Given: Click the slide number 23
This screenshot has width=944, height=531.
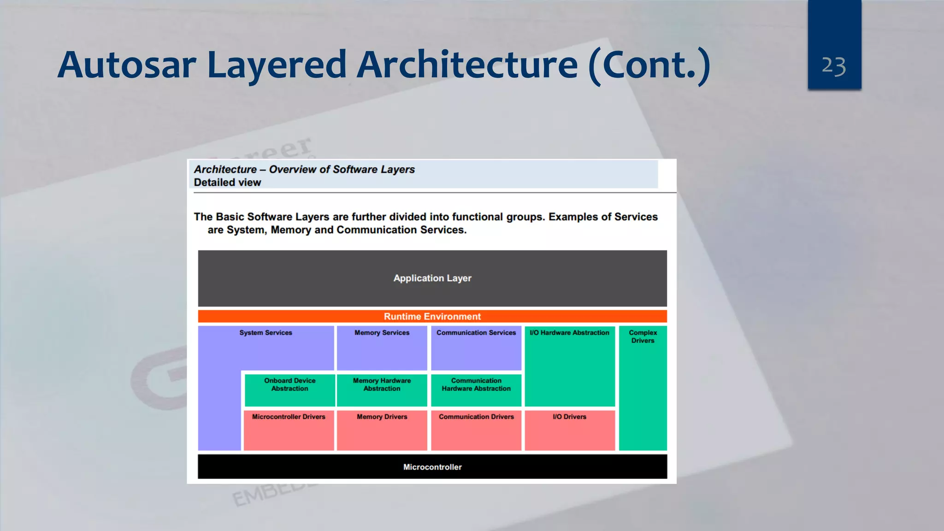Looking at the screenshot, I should click(834, 66).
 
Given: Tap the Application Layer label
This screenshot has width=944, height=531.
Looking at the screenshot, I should click(432, 278).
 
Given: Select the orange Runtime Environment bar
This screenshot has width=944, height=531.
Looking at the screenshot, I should click(432, 316).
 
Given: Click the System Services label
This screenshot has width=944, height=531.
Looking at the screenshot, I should click(265, 332).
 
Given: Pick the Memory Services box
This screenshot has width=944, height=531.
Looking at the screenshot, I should click(382, 348).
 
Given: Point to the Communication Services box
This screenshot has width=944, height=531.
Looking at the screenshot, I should click(476, 348).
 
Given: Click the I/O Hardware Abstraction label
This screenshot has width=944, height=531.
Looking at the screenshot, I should click(569, 332).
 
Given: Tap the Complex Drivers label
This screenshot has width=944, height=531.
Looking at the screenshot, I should click(643, 336).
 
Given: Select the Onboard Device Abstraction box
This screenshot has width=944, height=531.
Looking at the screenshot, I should click(289, 389).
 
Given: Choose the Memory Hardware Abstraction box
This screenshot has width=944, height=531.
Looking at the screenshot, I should click(382, 389).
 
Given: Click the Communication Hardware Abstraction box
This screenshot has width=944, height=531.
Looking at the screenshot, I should click(476, 389).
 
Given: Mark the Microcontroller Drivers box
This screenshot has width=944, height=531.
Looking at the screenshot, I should click(289, 430).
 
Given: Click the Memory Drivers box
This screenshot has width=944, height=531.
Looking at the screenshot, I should click(382, 430).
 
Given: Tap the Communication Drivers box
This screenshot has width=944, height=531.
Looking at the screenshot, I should click(476, 430).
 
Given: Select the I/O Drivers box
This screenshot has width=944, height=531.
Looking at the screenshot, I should click(569, 430).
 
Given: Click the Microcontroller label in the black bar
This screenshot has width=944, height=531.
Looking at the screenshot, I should click(432, 467).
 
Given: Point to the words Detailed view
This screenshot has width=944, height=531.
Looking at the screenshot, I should click(227, 183).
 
